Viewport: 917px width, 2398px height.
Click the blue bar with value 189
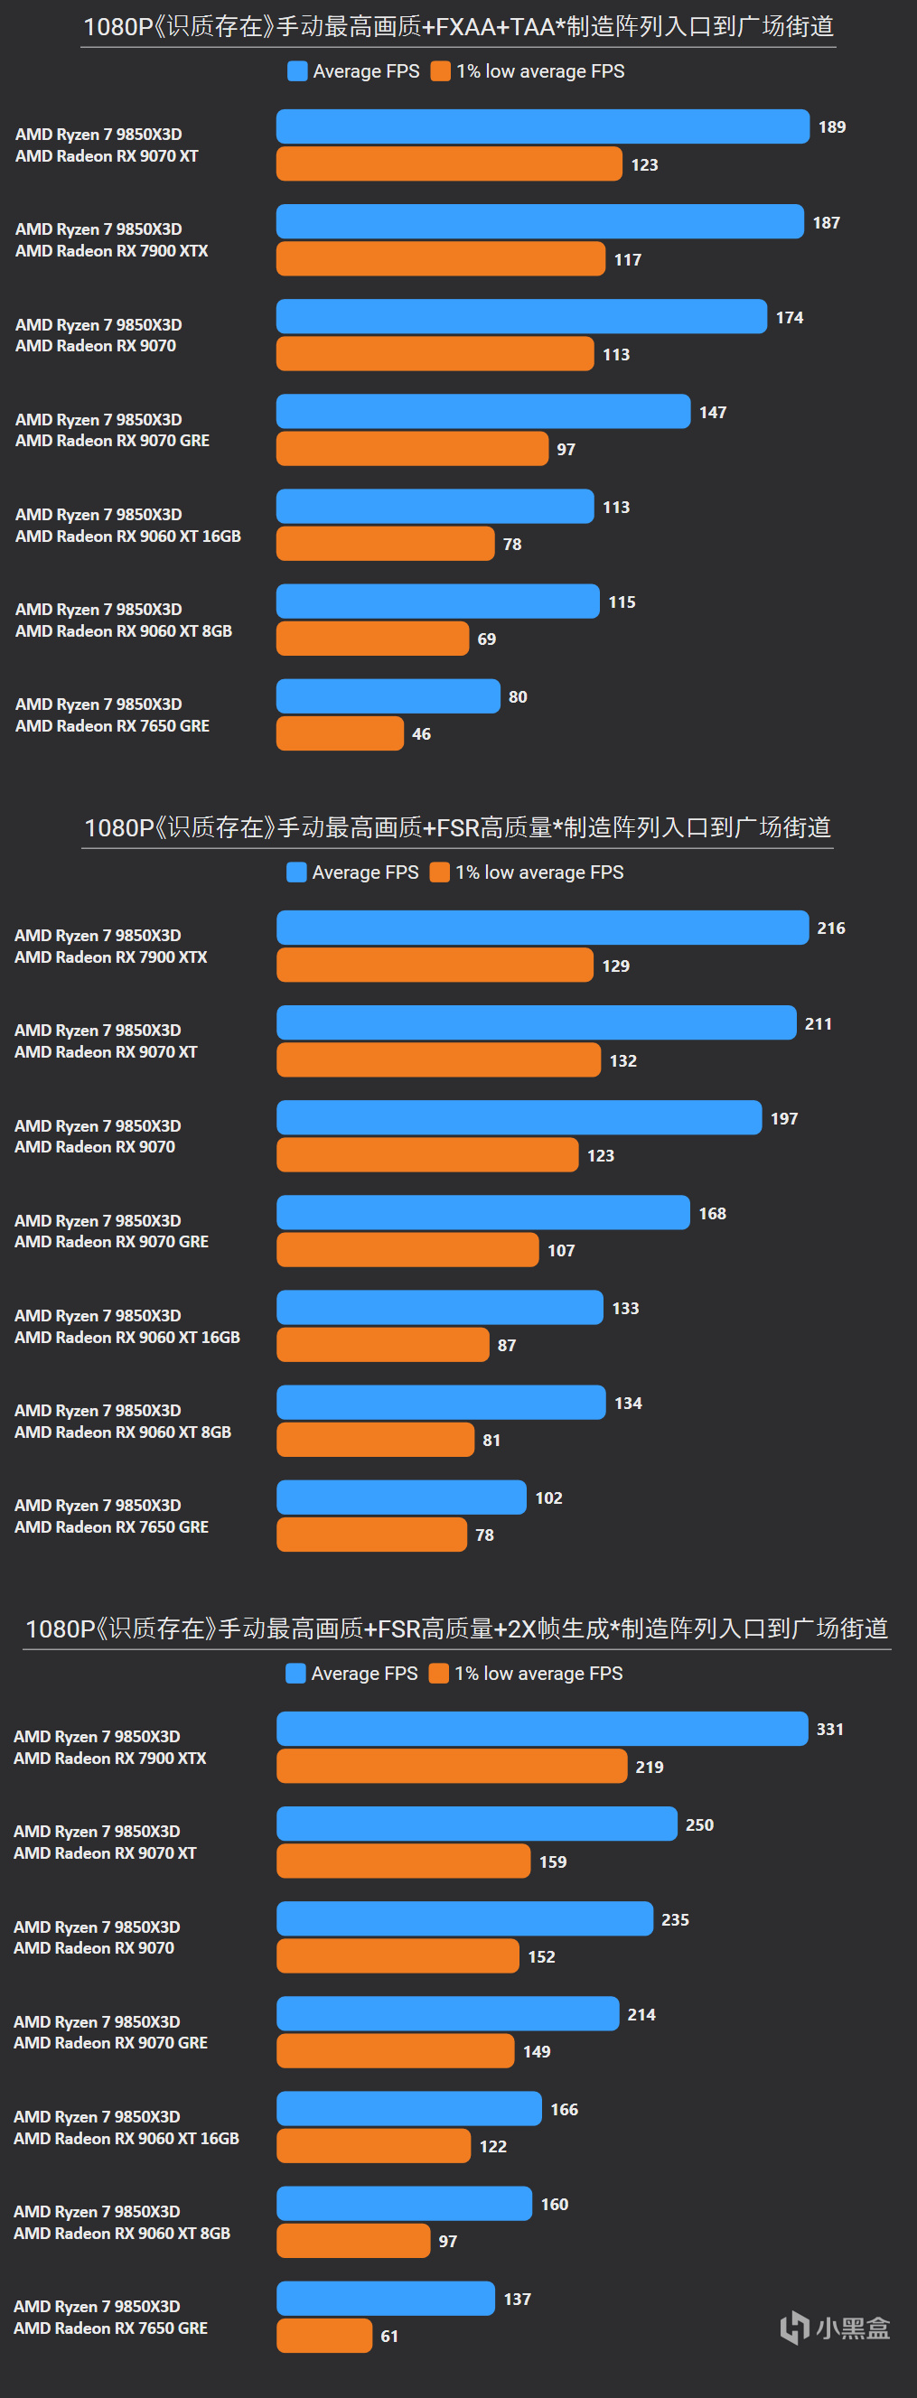pyautogui.click(x=543, y=126)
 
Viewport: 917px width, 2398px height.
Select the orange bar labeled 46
pyautogui.click(x=340, y=733)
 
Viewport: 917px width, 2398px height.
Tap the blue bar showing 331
pyautogui.click(x=542, y=1729)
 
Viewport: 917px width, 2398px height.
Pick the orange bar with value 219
pyautogui.click(x=452, y=1766)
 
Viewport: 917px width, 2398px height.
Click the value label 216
pyautogui.click(x=831, y=928)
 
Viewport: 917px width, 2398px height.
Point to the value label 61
pyautogui.click(x=389, y=2336)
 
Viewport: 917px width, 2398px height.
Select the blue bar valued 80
pyautogui.click(x=388, y=696)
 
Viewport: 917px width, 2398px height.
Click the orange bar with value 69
pyautogui.click(x=372, y=639)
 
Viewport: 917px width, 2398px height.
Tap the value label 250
pyautogui.click(x=699, y=1824)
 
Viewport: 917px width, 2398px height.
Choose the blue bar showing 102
pyautogui.click(x=401, y=1497)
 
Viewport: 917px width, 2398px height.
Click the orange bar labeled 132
pyautogui.click(x=438, y=1059)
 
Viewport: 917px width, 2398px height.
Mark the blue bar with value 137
pyautogui.click(x=386, y=2298)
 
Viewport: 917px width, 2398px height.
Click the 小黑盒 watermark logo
pyautogui.click(x=835, y=2328)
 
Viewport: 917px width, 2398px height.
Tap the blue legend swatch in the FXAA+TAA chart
pyautogui.click(x=298, y=71)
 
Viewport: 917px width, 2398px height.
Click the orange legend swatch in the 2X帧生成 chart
pyautogui.click(x=438, y=1673)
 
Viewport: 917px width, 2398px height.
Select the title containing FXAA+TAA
pyautogui.click(x=458, y=27)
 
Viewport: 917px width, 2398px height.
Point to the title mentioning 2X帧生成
pyautogui.click(x=456, y=1628)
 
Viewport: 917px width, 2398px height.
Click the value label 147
pyautogui.click(x=713, y=413)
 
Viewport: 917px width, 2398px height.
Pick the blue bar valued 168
pyautogui.click(x=483, y=1212)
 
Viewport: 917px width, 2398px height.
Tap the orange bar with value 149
pyautogui.click(x=396, y=2050)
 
